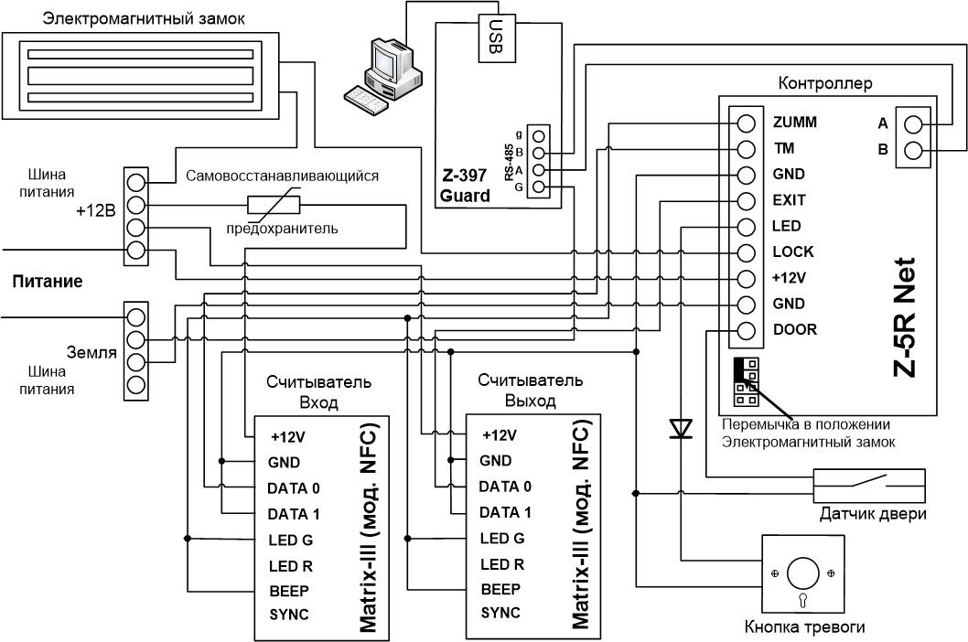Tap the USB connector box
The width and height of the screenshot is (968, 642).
click(x=497, y=37)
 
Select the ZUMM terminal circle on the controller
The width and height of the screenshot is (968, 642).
click(x=746, y=123)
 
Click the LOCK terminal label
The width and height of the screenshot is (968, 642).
click(x=792, y=251)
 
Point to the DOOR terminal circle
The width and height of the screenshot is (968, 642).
click(x=746, y=331)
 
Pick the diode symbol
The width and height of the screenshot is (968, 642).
click(x=681, y=428)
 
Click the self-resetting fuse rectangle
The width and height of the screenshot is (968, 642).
click(x=274, y=205)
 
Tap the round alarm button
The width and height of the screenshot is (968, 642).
click(x=802, y=572)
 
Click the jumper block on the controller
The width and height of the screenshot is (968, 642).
click(x=746, y=381)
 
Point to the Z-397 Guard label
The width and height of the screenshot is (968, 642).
click(x=465, y=186)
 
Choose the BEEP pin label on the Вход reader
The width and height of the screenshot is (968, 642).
click(x=289, y=591)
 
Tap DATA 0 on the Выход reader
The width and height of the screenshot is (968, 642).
click(x=505, y=487)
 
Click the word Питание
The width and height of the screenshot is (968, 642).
click(x=48, y=282)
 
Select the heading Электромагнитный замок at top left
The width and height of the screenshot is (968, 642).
click(x=144, y=18)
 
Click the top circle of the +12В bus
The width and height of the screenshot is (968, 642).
click(x=135, y=182)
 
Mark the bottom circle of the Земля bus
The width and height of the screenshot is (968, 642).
click(x=135, y=385)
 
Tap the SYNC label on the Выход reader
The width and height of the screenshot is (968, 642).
click(x=500, y=613)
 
